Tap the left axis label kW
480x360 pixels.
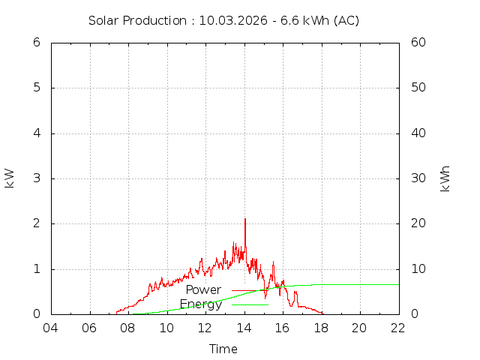click(x=10, y=178)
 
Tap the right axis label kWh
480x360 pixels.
click(x=445, y=178)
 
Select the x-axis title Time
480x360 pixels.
click(x=223, y=349)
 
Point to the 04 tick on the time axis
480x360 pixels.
click(x=51, y=328)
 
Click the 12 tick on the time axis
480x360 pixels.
click(x=205, y=328)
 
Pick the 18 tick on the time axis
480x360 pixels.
click(x=321, y=328)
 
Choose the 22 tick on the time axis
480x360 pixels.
click(x=398, y=328)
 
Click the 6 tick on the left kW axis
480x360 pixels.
click(x=36, y=43)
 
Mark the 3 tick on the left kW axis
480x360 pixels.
click(x=36, y=178)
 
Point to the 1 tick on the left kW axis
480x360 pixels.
click(x=36, y=268)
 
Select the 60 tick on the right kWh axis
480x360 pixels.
click(x=418, y=43)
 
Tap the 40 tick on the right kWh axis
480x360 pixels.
click(x=418, y=133)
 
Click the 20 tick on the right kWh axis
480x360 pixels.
click(x=418, y=223)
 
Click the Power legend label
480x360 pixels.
click(x=203, y=290)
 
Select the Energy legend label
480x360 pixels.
click(x=201, y=304)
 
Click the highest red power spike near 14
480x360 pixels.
click(x=245, y=219)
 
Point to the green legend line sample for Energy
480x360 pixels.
click(x=250, y=304)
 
